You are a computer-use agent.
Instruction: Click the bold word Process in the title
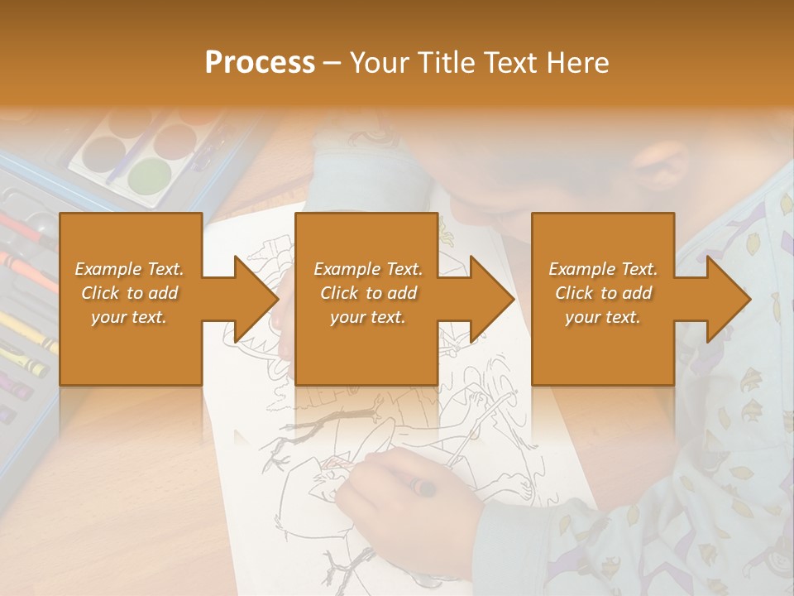pos(260,62)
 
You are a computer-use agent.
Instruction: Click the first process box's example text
pos(130,293)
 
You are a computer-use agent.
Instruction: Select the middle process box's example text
pos(368,293)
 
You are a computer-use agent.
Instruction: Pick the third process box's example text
pos(603,293)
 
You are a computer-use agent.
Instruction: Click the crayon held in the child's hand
pos(423,488)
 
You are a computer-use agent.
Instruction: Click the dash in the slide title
pos(333,63)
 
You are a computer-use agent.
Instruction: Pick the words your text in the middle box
pos(368,317)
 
